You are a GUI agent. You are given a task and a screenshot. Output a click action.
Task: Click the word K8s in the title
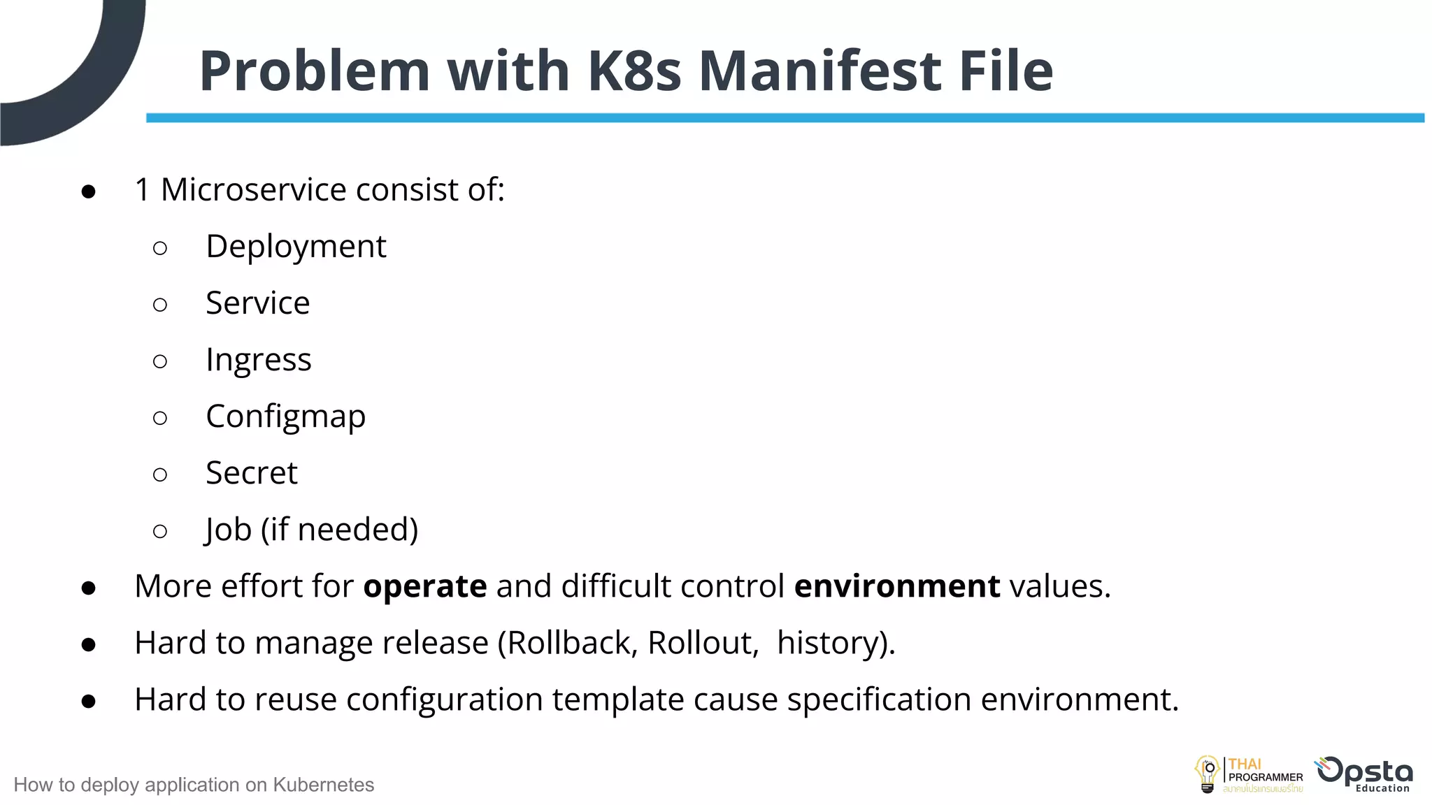(634, 71)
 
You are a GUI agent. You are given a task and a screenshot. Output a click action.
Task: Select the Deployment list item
(296, 247)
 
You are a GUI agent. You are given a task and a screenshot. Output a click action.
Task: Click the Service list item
(257, 303)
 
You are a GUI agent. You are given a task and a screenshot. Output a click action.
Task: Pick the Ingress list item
(258, 361)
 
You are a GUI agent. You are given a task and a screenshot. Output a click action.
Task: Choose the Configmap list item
(285, 417)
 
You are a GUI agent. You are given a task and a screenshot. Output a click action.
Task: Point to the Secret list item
(251, 473)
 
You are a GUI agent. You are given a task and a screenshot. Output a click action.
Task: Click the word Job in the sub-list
(228, 530)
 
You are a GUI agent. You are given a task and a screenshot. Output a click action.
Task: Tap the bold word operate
(425, 586)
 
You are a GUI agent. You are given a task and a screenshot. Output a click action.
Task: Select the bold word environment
(897, 586)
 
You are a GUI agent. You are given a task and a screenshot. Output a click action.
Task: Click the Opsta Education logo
(1364, 774)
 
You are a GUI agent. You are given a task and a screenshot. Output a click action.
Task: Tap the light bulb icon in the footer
(1207, 774)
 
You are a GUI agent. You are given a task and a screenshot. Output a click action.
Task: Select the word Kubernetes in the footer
(323, 785)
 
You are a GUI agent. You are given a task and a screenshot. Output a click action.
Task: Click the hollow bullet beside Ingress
(160, 361)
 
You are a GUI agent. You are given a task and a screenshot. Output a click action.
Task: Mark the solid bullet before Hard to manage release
(88, 644)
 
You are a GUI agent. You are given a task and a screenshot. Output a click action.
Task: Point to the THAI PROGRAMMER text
(1265, 771)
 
